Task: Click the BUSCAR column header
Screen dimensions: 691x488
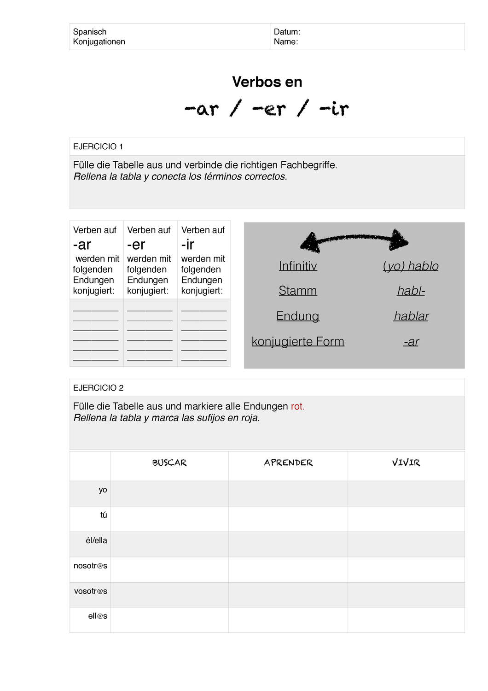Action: [169, 463]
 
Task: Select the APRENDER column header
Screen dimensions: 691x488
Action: [288, 463]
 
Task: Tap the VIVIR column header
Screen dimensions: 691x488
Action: [406, 463]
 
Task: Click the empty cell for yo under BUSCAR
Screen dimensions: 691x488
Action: [169, 493]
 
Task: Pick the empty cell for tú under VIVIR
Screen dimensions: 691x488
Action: [406, 519]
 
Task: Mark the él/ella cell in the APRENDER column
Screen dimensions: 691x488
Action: [288, 544]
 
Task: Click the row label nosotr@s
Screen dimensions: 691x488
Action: [90, 566]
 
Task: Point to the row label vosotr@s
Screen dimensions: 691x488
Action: [91, 591]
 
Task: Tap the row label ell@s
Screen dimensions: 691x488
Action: [98, 616]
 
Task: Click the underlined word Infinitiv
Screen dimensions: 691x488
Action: [298, 266]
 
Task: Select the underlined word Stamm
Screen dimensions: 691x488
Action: [298, 291]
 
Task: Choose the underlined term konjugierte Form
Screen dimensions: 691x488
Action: [298, 341]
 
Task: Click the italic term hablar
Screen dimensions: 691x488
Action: [411, 316]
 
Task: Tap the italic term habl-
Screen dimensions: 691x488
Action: [411, 291]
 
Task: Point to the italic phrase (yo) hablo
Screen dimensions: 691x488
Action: [411, 266]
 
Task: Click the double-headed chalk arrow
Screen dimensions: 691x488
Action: [354, 240]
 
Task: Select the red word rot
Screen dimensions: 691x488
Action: [297, 406]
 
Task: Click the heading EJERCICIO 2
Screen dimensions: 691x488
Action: [99, 388]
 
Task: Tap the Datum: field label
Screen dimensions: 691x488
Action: [287, 32]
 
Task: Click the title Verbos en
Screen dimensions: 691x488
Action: [267, 82]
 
